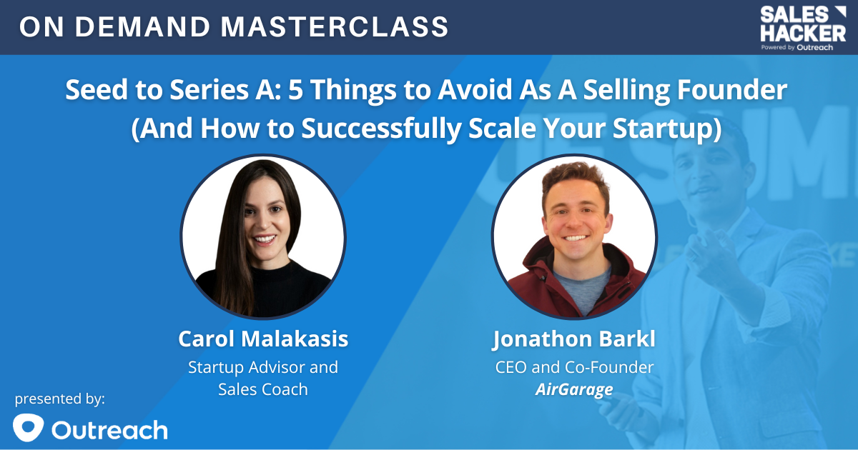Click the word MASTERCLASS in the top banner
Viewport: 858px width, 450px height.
click(x=335, y=27)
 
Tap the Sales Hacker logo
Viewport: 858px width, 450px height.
click(x=803, y=29)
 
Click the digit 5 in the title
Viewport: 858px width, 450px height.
click(x=295, y=89)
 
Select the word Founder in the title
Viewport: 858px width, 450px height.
click(x=732, y=89)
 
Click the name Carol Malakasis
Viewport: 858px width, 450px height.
click(x=263, y=339)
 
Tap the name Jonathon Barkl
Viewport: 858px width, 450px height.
click(x=573, y=339)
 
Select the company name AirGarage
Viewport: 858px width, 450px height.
click(x=574, y=389)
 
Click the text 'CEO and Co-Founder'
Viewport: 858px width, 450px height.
click(x=574, y=367)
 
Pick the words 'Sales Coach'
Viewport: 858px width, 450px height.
click(x=263, y=389)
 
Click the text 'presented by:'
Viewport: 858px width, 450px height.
click(x=60, y=399)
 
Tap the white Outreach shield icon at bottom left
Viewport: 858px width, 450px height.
click(x=28, y=427)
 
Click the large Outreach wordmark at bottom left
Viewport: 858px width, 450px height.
click(x=109, y=430)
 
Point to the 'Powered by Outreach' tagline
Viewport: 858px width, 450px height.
click(x=797, y=47)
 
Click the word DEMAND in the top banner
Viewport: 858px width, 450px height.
click(x=142, y=27)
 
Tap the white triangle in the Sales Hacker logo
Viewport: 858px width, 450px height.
click(x=839, y=11)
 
